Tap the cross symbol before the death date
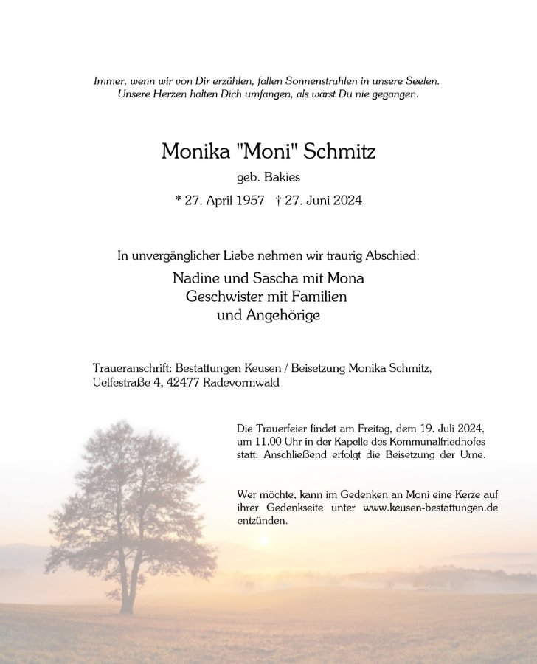point(277,200)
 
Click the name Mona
point(347,279)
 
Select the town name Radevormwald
point(248,383)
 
